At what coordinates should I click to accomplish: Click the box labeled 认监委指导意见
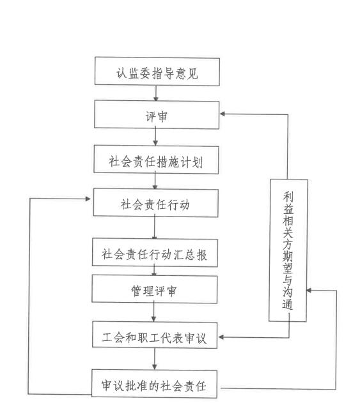157,72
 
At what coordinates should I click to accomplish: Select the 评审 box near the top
157,114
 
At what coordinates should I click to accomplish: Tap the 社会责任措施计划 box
156,160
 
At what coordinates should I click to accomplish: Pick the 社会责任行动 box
155,203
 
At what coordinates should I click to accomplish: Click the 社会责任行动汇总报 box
155,252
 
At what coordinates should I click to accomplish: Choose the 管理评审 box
154,289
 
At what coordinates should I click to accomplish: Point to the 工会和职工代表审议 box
155,335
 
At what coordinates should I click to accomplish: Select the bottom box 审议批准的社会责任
154,384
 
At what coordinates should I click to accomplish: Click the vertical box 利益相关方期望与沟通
288,250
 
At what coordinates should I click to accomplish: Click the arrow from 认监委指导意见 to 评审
156,93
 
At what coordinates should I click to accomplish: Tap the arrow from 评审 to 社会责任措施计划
155,137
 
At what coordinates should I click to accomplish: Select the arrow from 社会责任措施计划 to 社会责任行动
155,181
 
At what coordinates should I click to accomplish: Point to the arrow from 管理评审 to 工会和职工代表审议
154,312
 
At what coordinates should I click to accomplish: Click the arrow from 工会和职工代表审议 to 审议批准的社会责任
154,359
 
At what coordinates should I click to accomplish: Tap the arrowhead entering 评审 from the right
223,114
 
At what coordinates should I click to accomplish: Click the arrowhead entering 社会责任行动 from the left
88,199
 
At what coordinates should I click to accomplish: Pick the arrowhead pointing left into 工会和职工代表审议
221,337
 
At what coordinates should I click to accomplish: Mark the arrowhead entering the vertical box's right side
309,291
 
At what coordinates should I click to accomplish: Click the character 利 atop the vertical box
288,196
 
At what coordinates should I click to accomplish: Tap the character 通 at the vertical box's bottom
288,304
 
